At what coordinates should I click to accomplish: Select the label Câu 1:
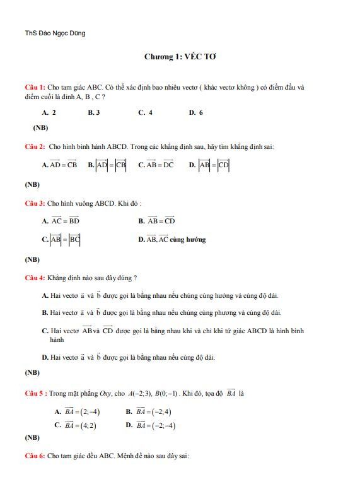[35, 86]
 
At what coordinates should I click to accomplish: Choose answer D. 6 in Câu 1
[195, 112]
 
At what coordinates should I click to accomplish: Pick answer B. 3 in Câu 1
[94, 112]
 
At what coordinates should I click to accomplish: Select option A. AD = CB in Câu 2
[59, 165]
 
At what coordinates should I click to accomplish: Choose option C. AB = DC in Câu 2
[156, 165]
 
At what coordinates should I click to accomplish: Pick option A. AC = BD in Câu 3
[61, 221]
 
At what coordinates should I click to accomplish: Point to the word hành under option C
[56, 340]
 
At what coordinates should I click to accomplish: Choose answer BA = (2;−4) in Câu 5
[78, 412]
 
